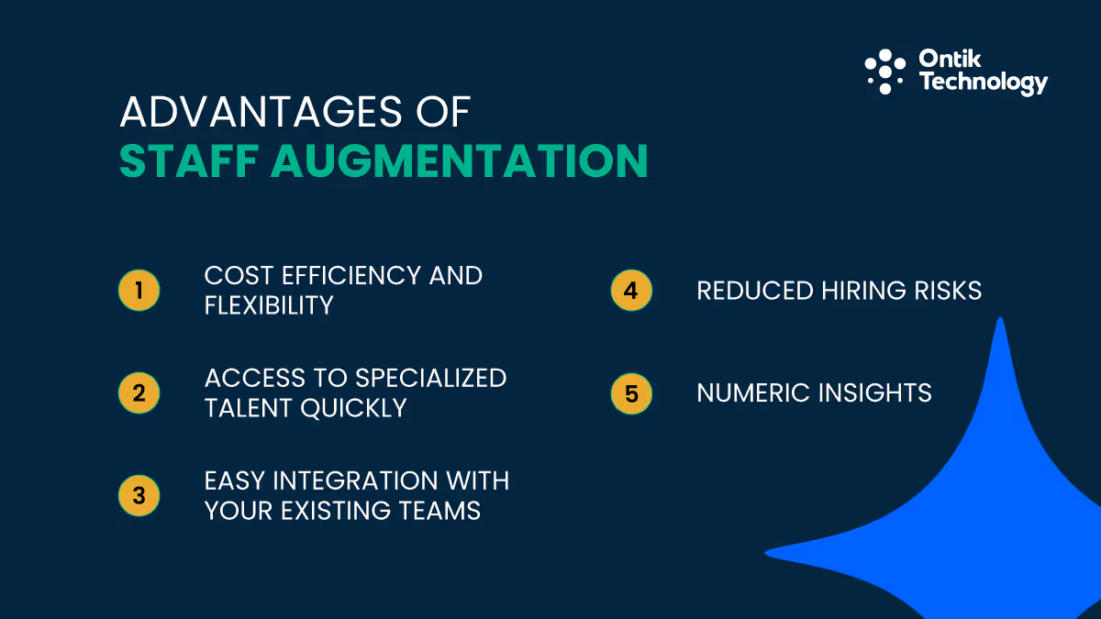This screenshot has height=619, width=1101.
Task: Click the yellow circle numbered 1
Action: click(139, 291)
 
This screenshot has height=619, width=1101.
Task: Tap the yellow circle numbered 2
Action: click(139, 393)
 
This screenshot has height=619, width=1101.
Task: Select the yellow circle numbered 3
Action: click(139, 496)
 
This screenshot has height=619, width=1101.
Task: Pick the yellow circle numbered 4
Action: click(631, 291)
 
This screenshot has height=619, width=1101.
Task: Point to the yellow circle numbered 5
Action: click(631, 393)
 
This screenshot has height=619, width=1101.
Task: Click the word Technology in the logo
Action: click(983, 83)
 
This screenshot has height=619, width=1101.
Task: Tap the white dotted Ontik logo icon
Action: click(884, 72)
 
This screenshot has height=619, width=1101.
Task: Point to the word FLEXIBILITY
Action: click(269, 305)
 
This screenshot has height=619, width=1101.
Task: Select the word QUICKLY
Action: click(355, 408)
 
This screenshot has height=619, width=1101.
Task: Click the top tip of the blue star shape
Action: click(1000, 320)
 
